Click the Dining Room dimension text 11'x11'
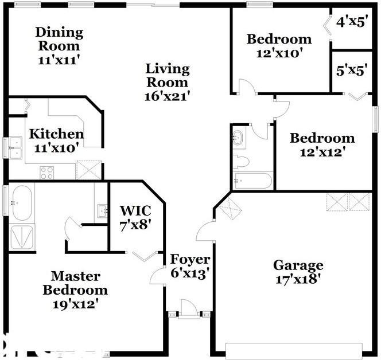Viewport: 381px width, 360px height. click(59, 58)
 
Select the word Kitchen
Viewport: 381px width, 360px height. click(56, 134)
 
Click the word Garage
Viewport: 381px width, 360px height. click(298, 265)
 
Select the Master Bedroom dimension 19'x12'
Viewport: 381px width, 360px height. click(75, 303)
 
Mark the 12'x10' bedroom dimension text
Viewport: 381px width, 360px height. click(279, 52)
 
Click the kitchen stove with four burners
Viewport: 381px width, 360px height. click(46, 173)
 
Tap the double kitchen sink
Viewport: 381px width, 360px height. click(14, 147)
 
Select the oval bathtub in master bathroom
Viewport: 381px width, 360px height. click(21, 204)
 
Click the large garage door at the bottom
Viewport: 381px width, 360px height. click(294, 350)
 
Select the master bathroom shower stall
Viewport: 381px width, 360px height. click(22, 237)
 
